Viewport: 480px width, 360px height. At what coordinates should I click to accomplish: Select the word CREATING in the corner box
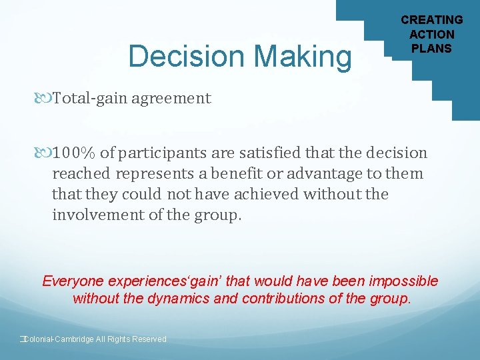pyautogui.click(x=431, y=20)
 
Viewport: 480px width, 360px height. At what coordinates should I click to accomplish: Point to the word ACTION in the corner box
pyautogui.click(x=431, y=34)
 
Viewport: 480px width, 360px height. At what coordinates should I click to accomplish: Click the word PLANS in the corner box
pyautogui.click(x=431, y=48)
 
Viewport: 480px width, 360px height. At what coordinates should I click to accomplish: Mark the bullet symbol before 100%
pyautogui.click(x=45, y=153)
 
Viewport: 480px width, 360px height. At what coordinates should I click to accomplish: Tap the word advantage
pyautogui.click(x=323, y=173)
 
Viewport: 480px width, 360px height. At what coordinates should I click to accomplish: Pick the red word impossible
pyautogui.click(x=407, y=281)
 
